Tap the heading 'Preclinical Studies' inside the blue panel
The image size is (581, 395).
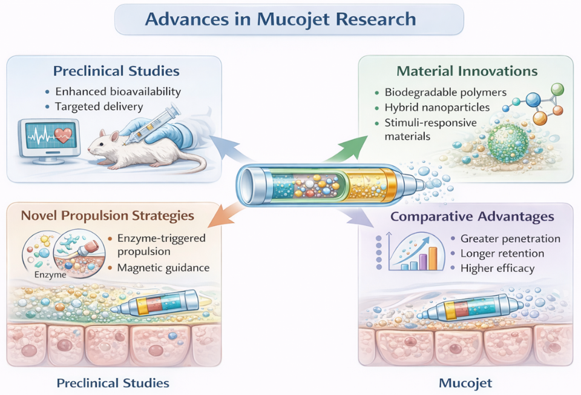tap(116, 71)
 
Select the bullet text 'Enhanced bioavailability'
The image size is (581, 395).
tap(118, 92)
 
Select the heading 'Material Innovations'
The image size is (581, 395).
tap(467, 71)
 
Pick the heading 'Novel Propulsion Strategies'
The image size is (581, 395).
tap(108, 216)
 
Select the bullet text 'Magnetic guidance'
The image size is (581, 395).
tap(158, 268)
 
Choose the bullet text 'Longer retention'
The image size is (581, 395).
tap(502, 253)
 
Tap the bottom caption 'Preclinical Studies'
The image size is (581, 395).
tap(113, 383)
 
